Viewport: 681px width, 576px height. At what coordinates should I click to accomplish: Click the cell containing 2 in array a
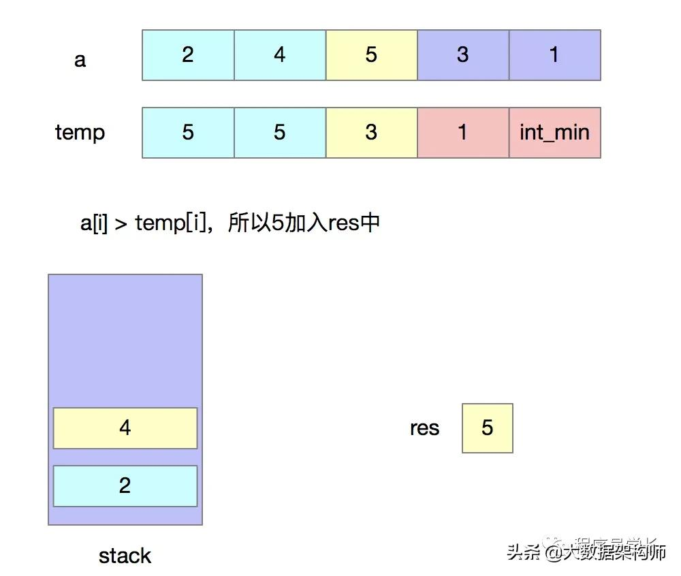(188, 55)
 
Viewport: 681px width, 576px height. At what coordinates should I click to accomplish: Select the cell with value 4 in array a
(280, 55)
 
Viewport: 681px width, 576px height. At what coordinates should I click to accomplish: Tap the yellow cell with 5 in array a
(371, 55)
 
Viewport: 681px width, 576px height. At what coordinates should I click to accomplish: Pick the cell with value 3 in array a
(463, 55)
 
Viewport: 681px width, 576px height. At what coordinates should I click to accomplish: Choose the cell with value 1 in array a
(554, 55)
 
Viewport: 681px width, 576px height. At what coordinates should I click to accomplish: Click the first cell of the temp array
(188, 133)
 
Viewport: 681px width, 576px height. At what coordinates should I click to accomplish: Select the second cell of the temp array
(280, 133)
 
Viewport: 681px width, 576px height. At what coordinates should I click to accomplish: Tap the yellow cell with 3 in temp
(371, 133)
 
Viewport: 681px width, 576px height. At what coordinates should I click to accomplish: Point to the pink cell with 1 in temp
(463, 133)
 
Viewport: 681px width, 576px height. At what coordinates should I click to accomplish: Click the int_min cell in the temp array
(554, 133)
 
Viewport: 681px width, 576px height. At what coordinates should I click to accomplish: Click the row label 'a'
(80, 60)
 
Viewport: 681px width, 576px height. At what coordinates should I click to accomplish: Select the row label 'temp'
(80, 132)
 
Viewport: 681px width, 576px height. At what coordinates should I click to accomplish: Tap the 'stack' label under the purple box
(125, 556)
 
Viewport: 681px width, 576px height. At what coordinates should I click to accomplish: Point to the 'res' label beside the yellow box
(424, 428)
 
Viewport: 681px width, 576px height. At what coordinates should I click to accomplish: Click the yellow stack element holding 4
(125, 428)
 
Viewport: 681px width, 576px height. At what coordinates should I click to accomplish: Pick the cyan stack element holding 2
(125, 486)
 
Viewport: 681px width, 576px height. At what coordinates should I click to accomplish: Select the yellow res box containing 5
(487, 428)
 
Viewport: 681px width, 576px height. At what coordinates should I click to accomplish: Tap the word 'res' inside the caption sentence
(343, 223)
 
